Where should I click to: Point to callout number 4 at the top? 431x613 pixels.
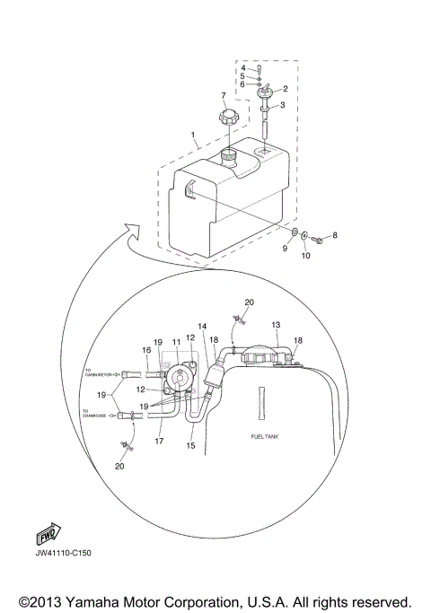click(x=242, y=68)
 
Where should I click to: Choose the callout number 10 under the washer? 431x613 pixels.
click(x=304, y=256)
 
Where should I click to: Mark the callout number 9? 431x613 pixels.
click(x=285, y=250)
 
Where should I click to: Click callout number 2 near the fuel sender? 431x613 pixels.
click(x=285, y=89)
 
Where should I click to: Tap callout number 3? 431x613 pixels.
click(x=285, y=106)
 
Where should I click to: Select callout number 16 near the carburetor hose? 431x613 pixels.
click(x=145, y=350)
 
